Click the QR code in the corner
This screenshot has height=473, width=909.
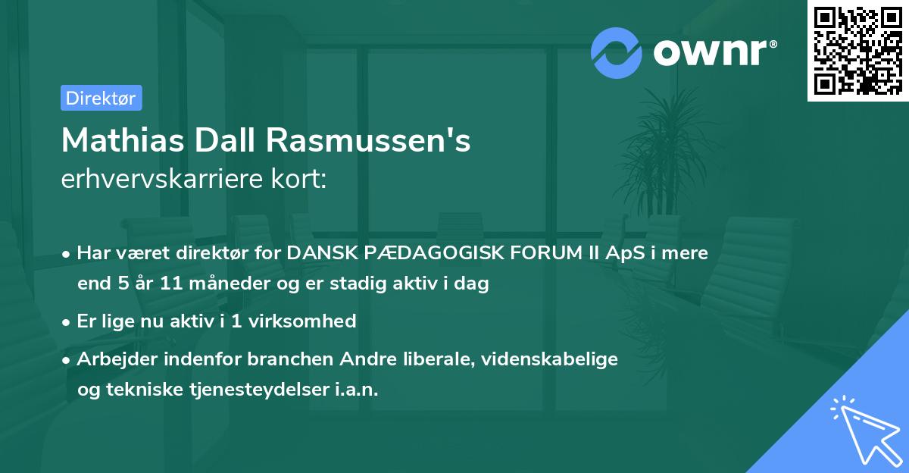point(858,50)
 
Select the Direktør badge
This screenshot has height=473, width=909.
point(101,98)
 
